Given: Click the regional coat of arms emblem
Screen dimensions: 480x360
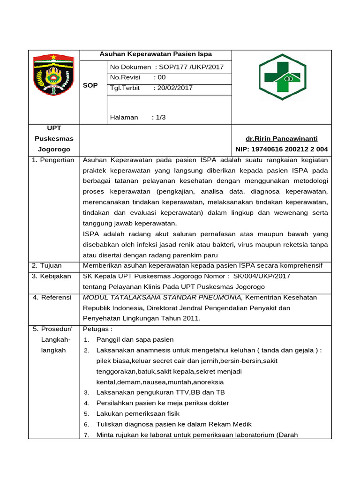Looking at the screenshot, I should pyautogui.click(x=53, y=75).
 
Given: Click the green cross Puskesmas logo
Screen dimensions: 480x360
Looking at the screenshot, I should pyautogui.click(x=282, y=77).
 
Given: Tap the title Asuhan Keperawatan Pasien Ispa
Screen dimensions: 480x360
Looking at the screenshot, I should pyautogui.click(x=156, y=54).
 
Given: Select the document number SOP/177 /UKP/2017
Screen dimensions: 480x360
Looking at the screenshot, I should pyautogui.click(x=192, y=67).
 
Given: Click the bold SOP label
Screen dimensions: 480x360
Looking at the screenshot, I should pyautogui.click(x=90, y=85).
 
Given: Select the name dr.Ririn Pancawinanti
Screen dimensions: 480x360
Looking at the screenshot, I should pyautogui.click(x=281, y=139).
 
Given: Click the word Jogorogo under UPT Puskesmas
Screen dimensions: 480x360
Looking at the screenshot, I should pyautogui.click(x=54, y=150).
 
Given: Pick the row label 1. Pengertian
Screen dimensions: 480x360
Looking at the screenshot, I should pyautogui.click(x=53, y=160).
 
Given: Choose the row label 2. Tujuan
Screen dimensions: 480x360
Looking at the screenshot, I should pyautogui.click(x=47, y=266).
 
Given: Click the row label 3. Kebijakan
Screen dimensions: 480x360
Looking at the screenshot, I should pyautogui.click(x=52, y=276).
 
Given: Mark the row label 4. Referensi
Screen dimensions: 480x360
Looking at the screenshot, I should pyautogui.click(x=52, y=297).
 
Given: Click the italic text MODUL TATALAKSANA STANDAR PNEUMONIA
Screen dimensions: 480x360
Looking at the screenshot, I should pyautogui.click(x=163, y=297).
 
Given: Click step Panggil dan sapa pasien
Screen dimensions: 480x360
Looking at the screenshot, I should pyautogui.click(x=135, y=339).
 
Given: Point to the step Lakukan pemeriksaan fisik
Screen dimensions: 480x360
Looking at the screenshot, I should pyautogui.click(x=138, y=413).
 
